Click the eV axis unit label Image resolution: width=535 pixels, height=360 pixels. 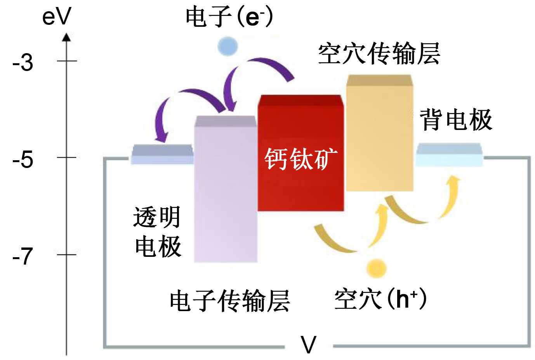57,17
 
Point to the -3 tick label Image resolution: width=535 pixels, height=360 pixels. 23,62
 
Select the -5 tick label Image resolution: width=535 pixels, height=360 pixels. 23,159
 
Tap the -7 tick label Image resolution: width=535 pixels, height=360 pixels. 23,256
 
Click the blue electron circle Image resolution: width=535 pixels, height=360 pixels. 228,46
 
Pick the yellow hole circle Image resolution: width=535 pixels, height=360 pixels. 376,268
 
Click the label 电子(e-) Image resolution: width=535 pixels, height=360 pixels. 229,17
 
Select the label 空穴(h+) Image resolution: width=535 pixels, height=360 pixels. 380,299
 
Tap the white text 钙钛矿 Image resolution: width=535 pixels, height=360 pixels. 301,159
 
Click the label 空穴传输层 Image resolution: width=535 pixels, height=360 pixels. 379,54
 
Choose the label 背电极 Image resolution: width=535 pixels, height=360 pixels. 456,119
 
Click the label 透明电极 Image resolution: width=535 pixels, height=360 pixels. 157,232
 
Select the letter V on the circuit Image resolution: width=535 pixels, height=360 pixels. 309,345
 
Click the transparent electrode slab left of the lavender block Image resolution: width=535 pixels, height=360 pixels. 162,154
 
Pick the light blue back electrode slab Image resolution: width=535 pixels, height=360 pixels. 449,155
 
